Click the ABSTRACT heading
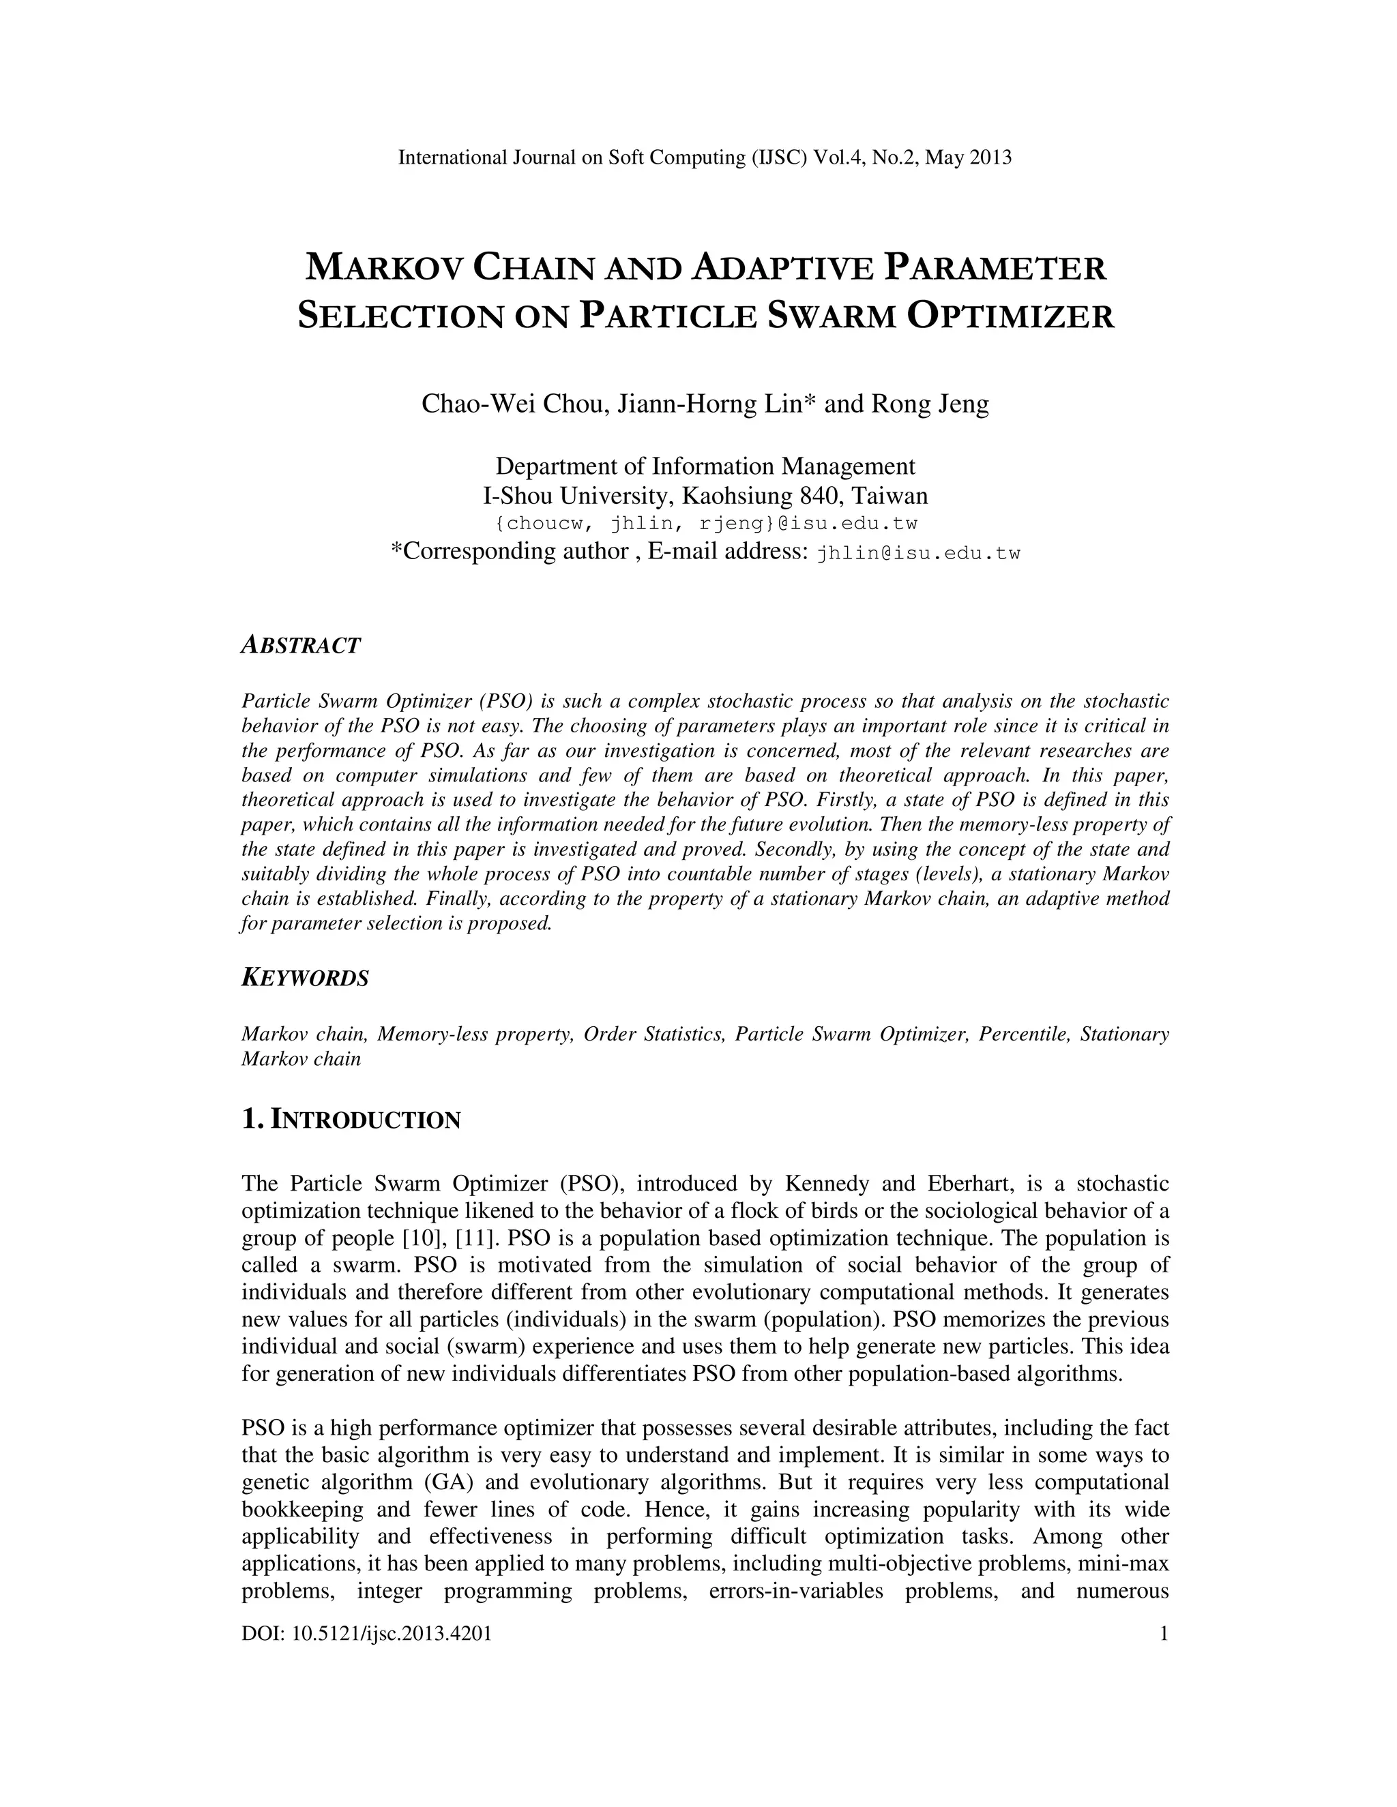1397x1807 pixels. pos(300,645)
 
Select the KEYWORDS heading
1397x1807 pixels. pos(304,978)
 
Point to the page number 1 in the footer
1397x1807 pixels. pos(1164,1633)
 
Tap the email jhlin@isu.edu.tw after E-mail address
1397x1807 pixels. pos(918,554)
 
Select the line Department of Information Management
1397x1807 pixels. pos(705,466)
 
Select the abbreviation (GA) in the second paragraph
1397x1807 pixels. pos(458,1482)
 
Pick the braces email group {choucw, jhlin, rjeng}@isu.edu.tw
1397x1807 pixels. pos(705,524)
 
